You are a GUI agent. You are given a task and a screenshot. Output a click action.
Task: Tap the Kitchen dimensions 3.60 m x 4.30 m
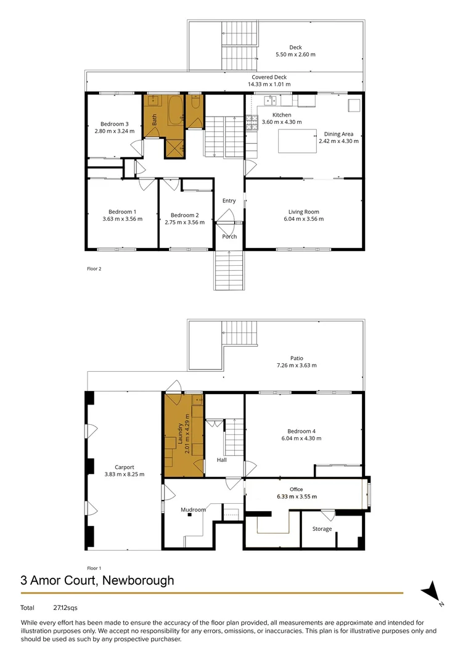click(x=282, y=122)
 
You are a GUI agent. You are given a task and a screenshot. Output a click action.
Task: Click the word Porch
click(x=229, y=237)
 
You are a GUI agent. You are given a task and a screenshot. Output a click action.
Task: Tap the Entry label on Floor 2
click(x=229, y=200)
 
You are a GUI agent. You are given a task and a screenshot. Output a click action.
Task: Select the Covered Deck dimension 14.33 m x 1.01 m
click(x=269, y=84)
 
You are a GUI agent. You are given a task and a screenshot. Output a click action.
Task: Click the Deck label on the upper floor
click(x=297, y=47)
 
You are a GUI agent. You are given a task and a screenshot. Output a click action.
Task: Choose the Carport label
click(x=124, y=467)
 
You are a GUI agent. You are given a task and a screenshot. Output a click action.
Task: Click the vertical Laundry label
click(x=181, y=434)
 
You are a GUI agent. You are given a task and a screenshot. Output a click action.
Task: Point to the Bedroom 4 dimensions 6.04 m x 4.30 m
click(x=304, y=438)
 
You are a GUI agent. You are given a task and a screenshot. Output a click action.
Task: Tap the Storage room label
click(x=322, y=528)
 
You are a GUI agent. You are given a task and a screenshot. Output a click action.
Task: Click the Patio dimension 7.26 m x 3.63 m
click(x=297, y=365)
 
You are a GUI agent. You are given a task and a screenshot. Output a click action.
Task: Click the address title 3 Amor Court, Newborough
click(x=97, y=580)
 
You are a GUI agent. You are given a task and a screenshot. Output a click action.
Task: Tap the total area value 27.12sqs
click(x=65, y=608)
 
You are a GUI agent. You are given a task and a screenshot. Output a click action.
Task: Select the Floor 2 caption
click(x=94, y=269)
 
